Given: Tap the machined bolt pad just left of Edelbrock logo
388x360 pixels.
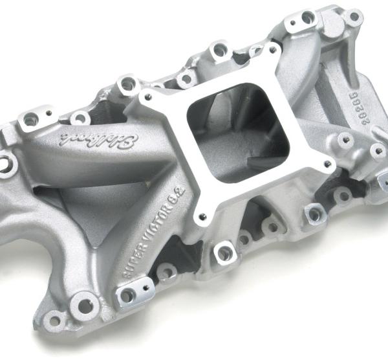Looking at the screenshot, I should (31, 119).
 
